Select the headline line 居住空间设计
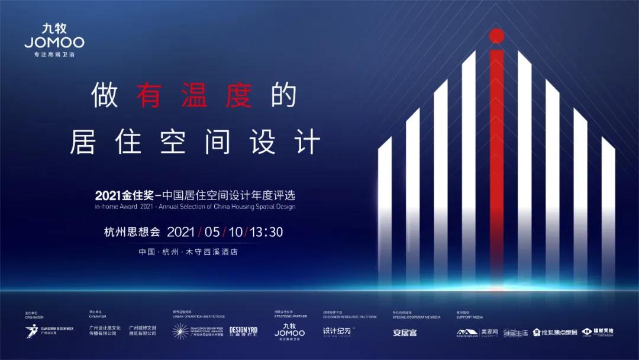(x=195, y=142)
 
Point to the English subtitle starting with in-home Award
(x=195, y=207)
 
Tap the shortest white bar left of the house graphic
(x=385, y=207)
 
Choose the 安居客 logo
(x=405, y=332)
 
